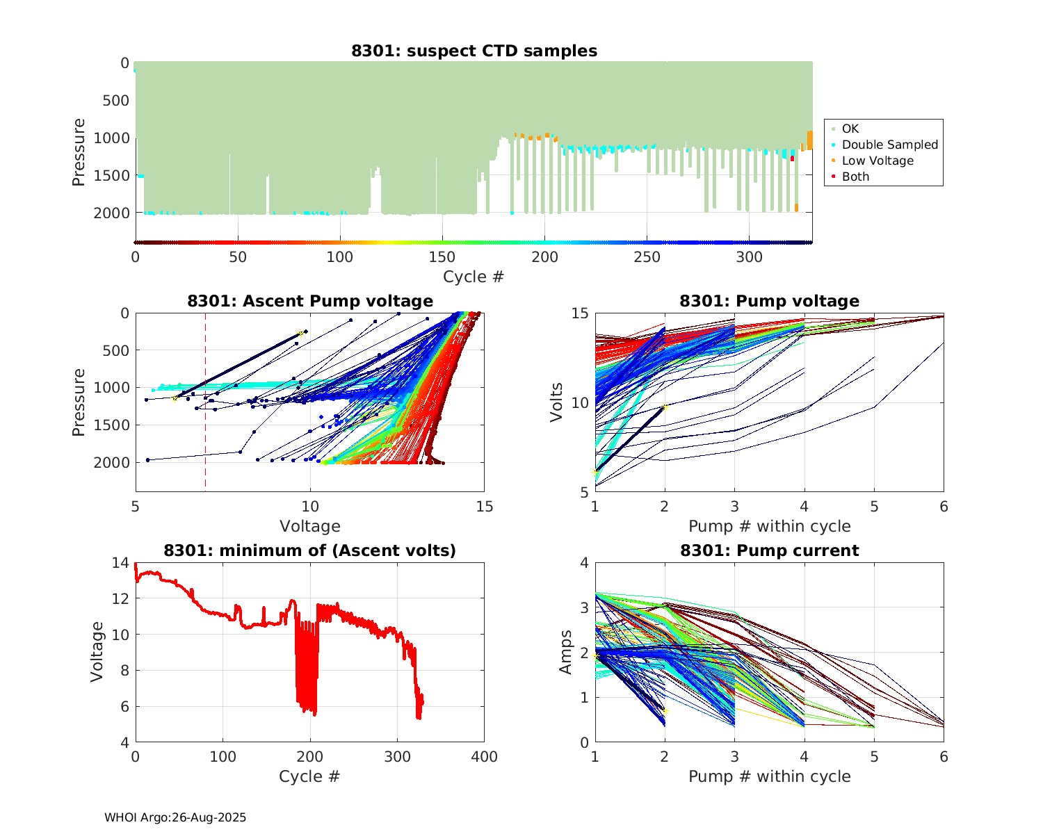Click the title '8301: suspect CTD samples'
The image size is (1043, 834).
pyautogui.click(x=474, y=51)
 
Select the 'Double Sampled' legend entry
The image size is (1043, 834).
pyautogui.click(x=889, y=145)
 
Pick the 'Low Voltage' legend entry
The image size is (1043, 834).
pyautogui.click(x=878, y=161)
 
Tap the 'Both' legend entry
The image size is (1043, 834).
pyautogui.click(x=855, y=177)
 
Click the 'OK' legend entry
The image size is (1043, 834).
pyautogui.click(x=850, y=129)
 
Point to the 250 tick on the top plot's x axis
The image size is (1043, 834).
pyautogui.click(x=647, y=257)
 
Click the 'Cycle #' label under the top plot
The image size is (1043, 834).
pyautogui.click(x=474, y=277)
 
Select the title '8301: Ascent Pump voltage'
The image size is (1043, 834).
pyautogui.click(x=310, y=301)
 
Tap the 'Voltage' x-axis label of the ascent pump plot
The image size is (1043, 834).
pyautogui.click(x=310, y=526)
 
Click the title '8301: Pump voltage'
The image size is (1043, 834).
pyautogui.click(x=769, y=301)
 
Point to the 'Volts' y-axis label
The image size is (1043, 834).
pyautogui.click(x=556, y=402)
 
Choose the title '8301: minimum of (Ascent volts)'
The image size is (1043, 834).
pyautogui.click(x=310, y=550)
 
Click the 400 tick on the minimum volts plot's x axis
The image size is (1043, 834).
pyautogui.click(x=484, y=757)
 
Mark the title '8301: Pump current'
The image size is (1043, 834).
pyautogui.click(x=769, y=550)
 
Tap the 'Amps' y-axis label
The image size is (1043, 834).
pyautogui.click(x=566, y=652)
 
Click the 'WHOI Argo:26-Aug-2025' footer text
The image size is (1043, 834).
pyautogui.click(x=175, y=817)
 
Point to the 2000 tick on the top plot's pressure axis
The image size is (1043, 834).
pyautogui.click(x=111, y=213)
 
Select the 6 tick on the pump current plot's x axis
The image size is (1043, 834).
pyautogui.click(x=944, y=757)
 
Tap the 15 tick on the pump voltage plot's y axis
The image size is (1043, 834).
pyautogui.click(x=579, y=313)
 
